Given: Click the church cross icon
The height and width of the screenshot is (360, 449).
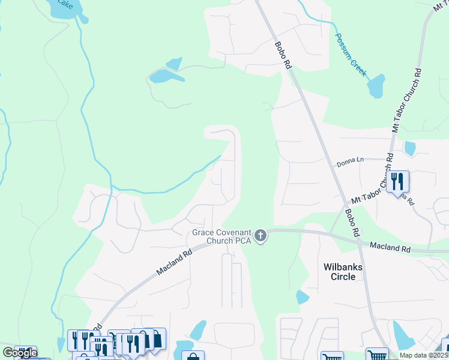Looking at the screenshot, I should (x=261, y=236).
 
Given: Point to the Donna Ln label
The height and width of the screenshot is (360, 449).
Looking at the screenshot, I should (x=351, y=160).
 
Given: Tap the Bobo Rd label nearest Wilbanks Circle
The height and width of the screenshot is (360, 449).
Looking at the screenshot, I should (x=352, y=221).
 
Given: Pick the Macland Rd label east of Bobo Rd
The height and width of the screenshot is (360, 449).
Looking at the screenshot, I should (x=389, y=247).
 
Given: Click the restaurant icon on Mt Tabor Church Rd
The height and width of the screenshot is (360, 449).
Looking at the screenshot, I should (x=397, y=181).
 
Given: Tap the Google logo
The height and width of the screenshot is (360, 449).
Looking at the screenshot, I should (x=19, y=353).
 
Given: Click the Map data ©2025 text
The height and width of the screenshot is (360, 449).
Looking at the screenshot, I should (x=424, y=355).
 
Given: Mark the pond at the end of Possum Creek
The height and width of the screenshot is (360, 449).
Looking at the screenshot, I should (x=376, y=86).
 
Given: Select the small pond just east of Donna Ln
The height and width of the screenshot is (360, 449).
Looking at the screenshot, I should (x=410, y=147).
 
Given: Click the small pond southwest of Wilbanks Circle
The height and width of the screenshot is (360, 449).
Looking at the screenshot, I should (x=303, y=297).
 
